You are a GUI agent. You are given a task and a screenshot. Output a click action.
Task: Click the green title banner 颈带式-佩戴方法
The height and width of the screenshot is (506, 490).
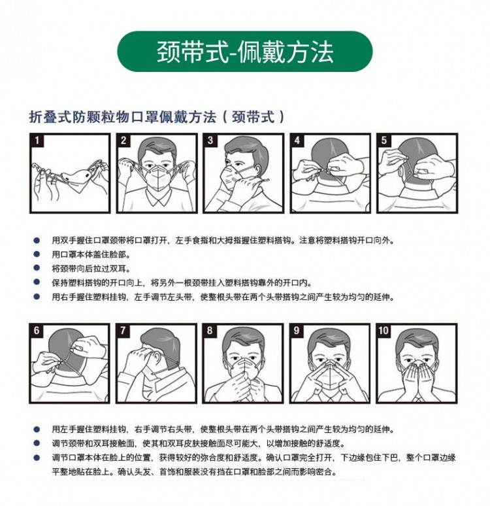[x=245, y=51]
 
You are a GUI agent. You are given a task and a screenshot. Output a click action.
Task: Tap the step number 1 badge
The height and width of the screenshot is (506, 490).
[x=37, y=141]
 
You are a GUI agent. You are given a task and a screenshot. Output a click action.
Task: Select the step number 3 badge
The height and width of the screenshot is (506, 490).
[x=210, y=141]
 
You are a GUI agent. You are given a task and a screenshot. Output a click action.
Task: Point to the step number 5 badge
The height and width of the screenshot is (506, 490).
[x=384, y=141]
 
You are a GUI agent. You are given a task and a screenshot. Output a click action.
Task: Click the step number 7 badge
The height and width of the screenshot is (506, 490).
[x=123, y=330]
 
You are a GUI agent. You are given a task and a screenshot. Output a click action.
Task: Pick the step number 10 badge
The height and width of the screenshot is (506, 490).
[x=384, y=330]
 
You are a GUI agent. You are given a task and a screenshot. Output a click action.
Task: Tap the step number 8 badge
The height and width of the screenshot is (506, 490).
[x=210, y=330]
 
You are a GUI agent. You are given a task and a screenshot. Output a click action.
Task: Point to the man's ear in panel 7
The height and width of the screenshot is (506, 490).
[x=157, y=358]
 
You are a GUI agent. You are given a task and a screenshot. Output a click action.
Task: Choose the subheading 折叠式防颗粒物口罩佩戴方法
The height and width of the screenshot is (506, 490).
[x=123, y=117]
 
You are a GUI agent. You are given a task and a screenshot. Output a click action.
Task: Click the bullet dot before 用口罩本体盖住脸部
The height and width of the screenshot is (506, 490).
[x=37, y=254]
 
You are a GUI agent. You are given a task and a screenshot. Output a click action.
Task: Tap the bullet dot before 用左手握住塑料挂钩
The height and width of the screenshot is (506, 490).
[x=37, y=430]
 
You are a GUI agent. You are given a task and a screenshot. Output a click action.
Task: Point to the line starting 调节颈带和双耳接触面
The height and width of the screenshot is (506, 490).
[x=198, y=443]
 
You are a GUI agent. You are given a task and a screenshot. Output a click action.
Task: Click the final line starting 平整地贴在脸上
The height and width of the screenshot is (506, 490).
[x=195, y=472]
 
